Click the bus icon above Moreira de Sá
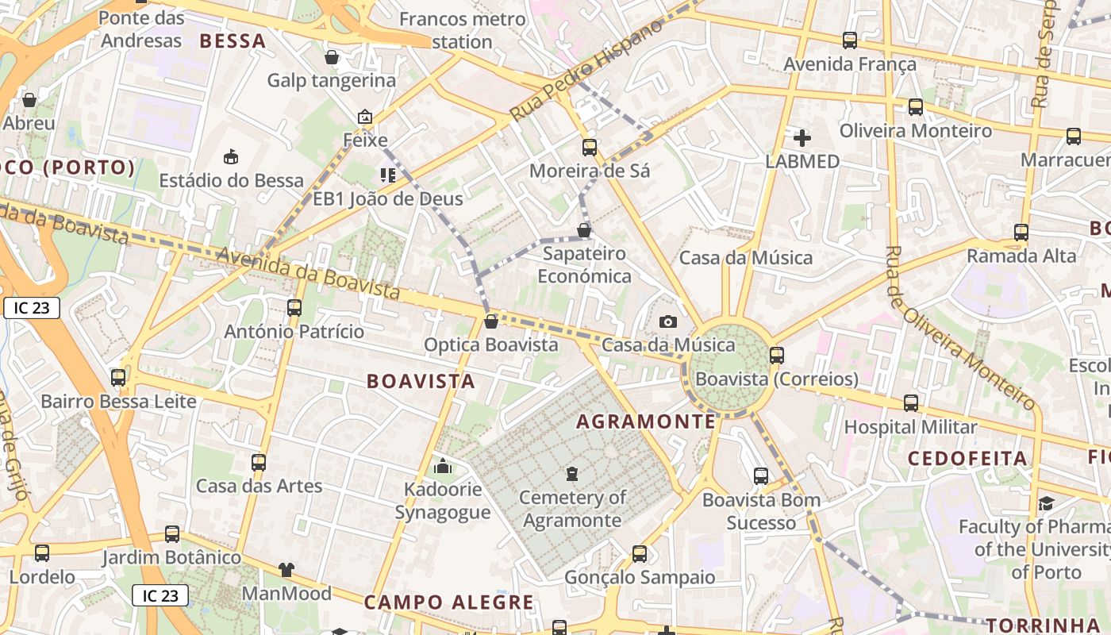point(589,147)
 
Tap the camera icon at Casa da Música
point(668,321)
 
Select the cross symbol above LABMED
point(802,138)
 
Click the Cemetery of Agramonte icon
point(571,474)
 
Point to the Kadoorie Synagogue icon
point(443,466)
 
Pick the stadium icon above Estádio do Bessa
point(231,156)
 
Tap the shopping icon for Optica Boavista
point(491,321)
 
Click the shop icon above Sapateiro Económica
point(584,230)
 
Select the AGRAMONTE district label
point(646,421)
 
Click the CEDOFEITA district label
point(967,458)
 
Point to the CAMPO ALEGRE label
point(449,602)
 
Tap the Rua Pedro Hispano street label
point(586,71)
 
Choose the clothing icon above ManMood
point(286,569)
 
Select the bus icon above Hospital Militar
point(910,403)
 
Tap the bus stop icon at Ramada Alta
point(1021,233)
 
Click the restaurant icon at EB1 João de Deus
point(387,175)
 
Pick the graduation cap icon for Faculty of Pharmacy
point(1046,503)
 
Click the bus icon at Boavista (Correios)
point(776,356)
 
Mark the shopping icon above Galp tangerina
point(332,57)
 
